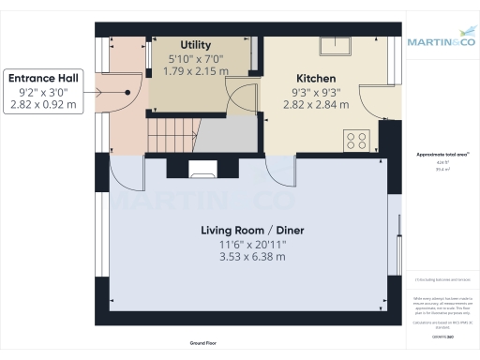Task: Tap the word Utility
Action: coord(195,43)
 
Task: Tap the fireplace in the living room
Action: coord(201,170)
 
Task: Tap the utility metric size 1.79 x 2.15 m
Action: coord(195,69)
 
